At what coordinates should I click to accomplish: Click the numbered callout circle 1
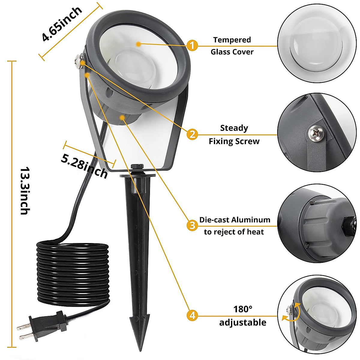coord(192,46)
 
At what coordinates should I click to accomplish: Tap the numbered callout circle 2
coord(192,134)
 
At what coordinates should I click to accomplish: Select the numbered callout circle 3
coord(192,225)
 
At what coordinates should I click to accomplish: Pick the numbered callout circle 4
coord(192,315)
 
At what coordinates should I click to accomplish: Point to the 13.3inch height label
coord(25,190)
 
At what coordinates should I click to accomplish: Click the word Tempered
coord(232,40)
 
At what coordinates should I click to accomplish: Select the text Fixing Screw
coord(234,141)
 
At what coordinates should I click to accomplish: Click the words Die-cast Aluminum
coord(235,220)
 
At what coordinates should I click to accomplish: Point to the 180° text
coord(243,309)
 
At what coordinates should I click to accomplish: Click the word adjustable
coord(243,322)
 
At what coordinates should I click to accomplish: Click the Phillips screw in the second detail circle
coord(316,133)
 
